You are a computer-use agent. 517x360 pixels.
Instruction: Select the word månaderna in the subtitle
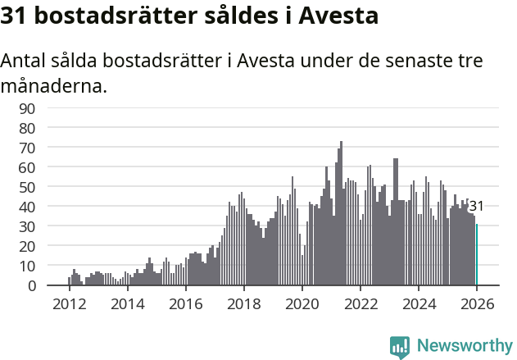[x=53, y=84]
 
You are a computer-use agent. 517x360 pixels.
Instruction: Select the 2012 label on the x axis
[x=69, y=303]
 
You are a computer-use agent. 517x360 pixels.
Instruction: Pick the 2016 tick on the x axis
[x=185, y=303]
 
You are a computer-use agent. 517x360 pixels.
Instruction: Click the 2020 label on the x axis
[x=302, y=303]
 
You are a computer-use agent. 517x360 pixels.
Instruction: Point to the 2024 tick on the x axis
[x=419, y=303]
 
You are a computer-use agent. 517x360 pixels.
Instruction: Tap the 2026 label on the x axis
[x=477, y=303]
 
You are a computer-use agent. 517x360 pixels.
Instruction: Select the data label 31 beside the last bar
[x=476, y=207]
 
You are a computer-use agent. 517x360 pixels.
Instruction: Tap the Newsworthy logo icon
[x=400, y=347]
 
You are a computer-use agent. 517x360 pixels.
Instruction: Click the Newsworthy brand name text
[x=464, y=346]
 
